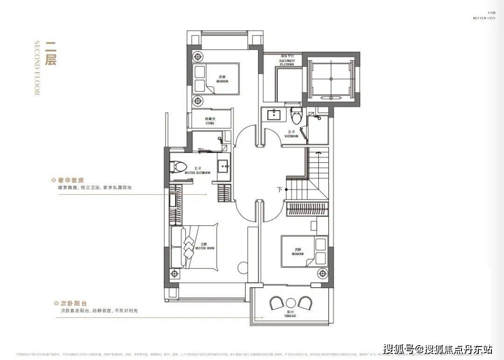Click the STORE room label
click(210, 121)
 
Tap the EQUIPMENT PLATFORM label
click(287, 62)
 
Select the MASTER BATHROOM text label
click(197, 171)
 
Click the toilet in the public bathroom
click(295, 114)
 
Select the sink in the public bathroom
click(272, 114)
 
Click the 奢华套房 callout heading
click(70, 180)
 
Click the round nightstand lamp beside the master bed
click(243, 268)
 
